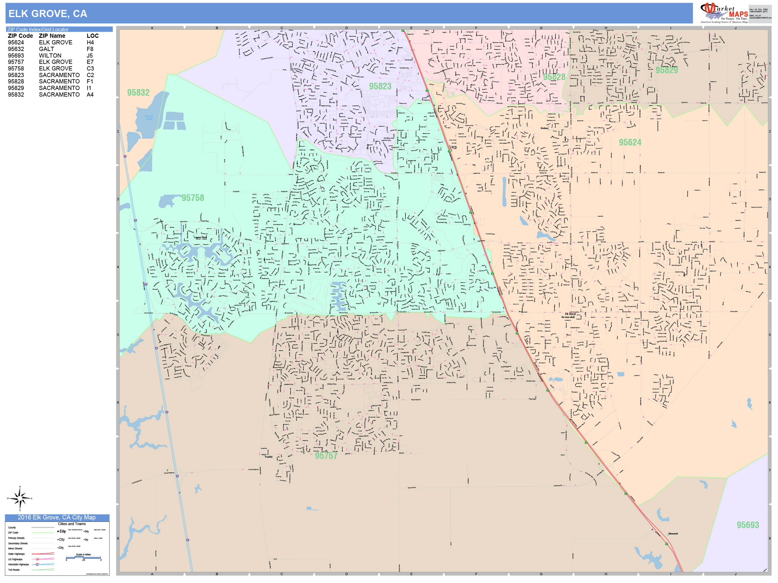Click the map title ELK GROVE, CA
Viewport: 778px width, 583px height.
pos(47,14)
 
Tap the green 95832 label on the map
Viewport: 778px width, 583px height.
pos(138,92)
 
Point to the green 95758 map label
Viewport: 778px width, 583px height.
pos(193,198)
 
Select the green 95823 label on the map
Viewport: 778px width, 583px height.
pos(380,86)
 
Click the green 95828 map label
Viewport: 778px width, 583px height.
pos(554,77)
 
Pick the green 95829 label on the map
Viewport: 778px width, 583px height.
pos(667,70)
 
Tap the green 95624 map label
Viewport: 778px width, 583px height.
pos(630,142)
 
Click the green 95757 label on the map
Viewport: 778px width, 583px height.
pos(326,456)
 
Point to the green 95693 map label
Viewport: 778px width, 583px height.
pos(748,525)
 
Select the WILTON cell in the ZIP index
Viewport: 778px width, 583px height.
pos(50,55)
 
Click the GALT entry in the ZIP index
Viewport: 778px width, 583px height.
pos(47,49)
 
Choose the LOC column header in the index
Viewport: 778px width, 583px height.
pos(92,36)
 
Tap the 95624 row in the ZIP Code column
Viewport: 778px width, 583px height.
pos(16,43)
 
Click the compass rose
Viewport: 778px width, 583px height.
pos(20,498)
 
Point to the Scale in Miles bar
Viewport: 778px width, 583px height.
pos(83,557)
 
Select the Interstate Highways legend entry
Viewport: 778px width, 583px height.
pos(18,564)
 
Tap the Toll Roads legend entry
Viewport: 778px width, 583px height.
pos(14,570)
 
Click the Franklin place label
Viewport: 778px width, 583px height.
pos(268,457)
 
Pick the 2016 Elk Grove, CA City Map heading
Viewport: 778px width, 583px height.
pos(57,517)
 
